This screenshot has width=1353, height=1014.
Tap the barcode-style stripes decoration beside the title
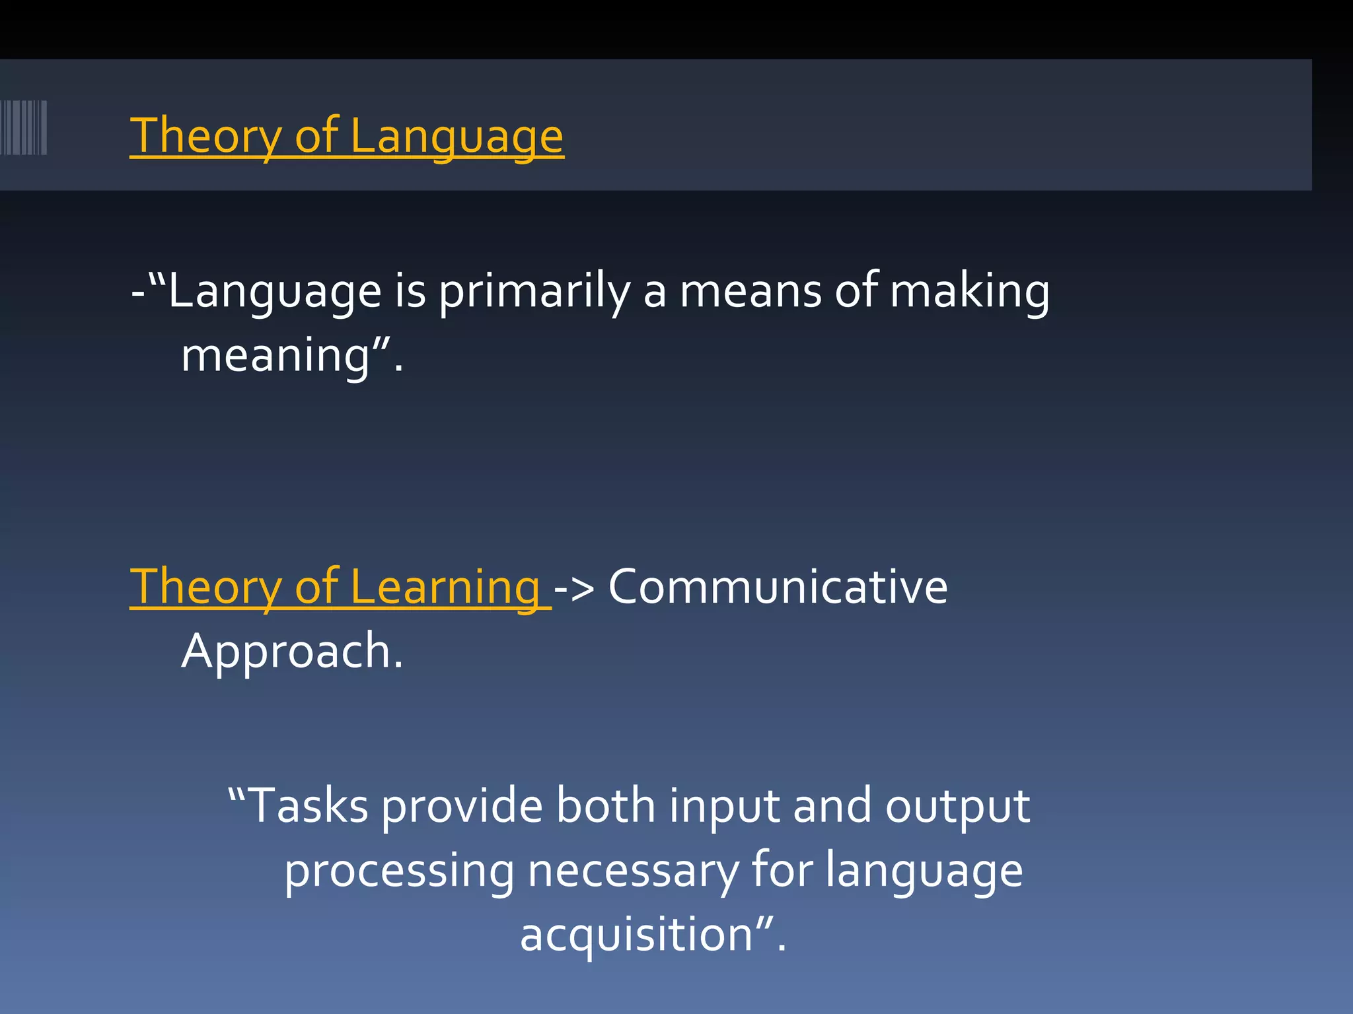pos(24,127)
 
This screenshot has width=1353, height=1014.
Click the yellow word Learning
pos(445,587)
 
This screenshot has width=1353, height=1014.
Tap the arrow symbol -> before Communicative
pos(574,587)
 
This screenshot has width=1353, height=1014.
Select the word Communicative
pos(778,587)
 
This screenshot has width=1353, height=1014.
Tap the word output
pos(957,806)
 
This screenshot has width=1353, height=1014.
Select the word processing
pos(399,871)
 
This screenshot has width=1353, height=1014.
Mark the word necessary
pos(633,871)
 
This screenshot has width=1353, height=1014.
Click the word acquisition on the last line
pos(636,935)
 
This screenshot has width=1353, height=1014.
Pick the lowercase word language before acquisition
pos(924,871)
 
